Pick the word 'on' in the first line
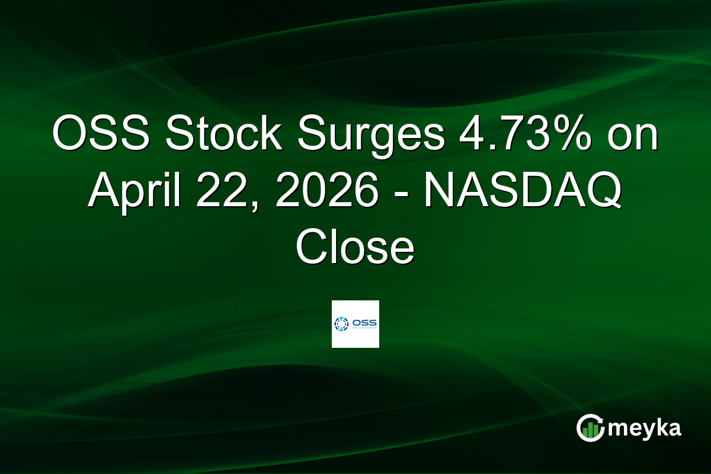tap(633, 137)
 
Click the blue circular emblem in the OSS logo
tap(342, 324)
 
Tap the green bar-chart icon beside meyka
tap(590, 430)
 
